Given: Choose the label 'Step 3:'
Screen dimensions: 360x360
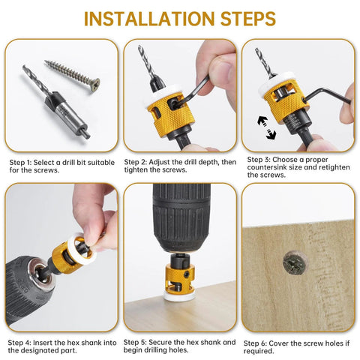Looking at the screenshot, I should click(x=256, y=160).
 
